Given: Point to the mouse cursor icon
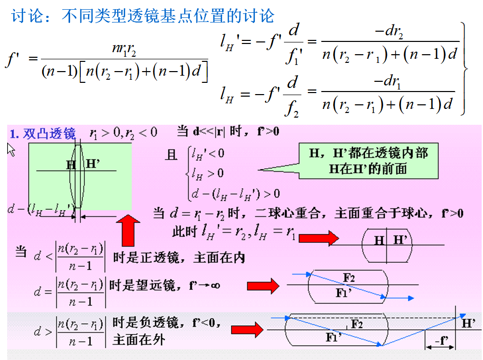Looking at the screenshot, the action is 11,149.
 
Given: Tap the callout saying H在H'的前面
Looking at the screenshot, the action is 367,168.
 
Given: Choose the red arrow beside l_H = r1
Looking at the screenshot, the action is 319,238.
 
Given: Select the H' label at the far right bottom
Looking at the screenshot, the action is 468,323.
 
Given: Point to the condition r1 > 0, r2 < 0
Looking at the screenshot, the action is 123,133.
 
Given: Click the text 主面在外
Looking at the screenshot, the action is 139,340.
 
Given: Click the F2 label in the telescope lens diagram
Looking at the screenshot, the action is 348,278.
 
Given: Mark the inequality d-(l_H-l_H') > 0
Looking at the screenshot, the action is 235,193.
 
